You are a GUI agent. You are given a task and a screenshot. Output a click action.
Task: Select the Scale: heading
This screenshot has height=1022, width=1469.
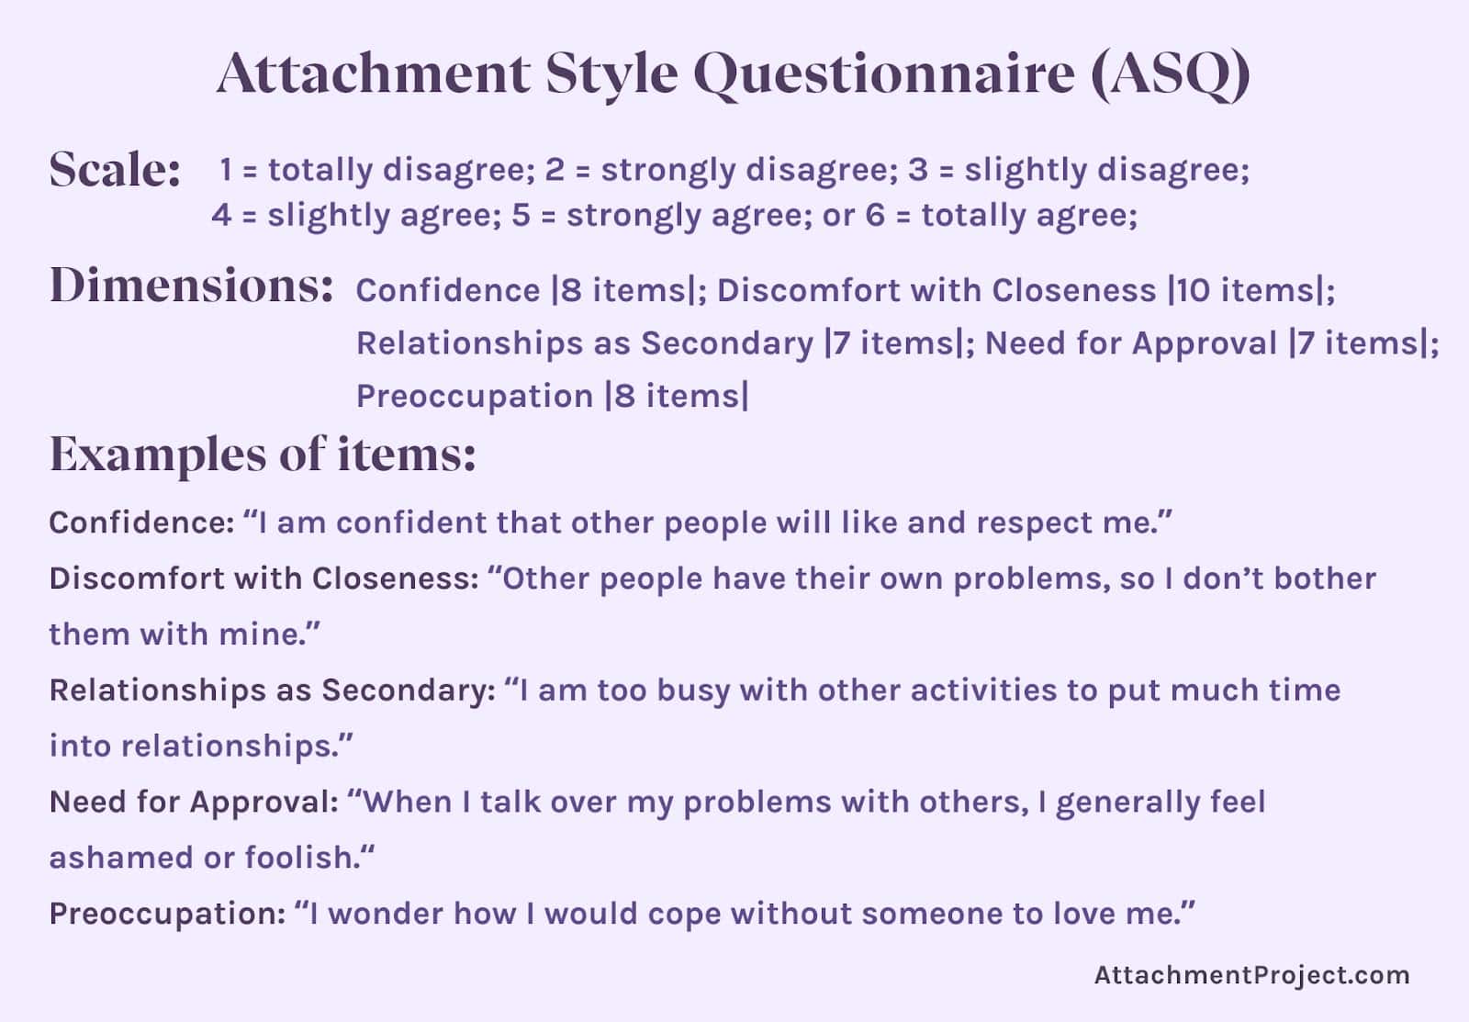[115, 170]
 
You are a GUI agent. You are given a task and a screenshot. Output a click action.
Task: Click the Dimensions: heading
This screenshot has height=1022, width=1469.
[191, 286]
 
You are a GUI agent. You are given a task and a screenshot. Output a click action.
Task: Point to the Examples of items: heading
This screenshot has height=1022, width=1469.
[263, 454]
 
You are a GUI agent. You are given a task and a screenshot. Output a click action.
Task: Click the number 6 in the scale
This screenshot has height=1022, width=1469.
[875, 216]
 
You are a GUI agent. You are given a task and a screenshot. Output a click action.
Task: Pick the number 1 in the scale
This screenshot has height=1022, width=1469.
[226, 170]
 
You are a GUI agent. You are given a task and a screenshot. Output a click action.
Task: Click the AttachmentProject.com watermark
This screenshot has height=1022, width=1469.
[1251, 975]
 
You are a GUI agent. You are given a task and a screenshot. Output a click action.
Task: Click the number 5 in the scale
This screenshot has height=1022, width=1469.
[521, 216]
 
